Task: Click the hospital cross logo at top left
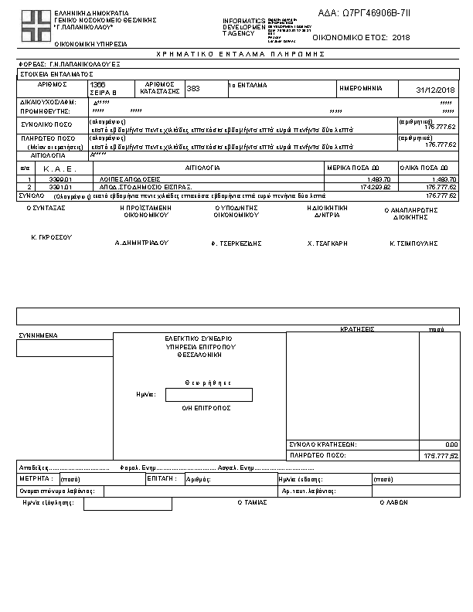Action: pyautogui.click(x=34, y=26)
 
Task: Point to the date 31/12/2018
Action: pyautogui.click(x=437, y=90)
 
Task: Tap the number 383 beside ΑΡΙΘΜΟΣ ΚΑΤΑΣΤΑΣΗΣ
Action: pyautogui.click(x=193, y=89)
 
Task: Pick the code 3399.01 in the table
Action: pyautogui.click(x=60, y=178)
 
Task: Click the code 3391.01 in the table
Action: pyautogui.click(x=60, y=186)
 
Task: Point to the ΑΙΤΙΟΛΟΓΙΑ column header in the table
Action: pyautogui.click(x=203, y=167)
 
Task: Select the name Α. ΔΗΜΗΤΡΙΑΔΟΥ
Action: pyautogui.click(x=141, y=243)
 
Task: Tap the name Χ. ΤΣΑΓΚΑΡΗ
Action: pyautogui.click(x=328, y=243)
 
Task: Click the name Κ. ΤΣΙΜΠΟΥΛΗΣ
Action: pyautogui.click(x=413, y=243)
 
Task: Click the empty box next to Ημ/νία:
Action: pyautogui.click(x=209, y=395)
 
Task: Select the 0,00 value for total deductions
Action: pyautogui.click(x=451, y=444)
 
